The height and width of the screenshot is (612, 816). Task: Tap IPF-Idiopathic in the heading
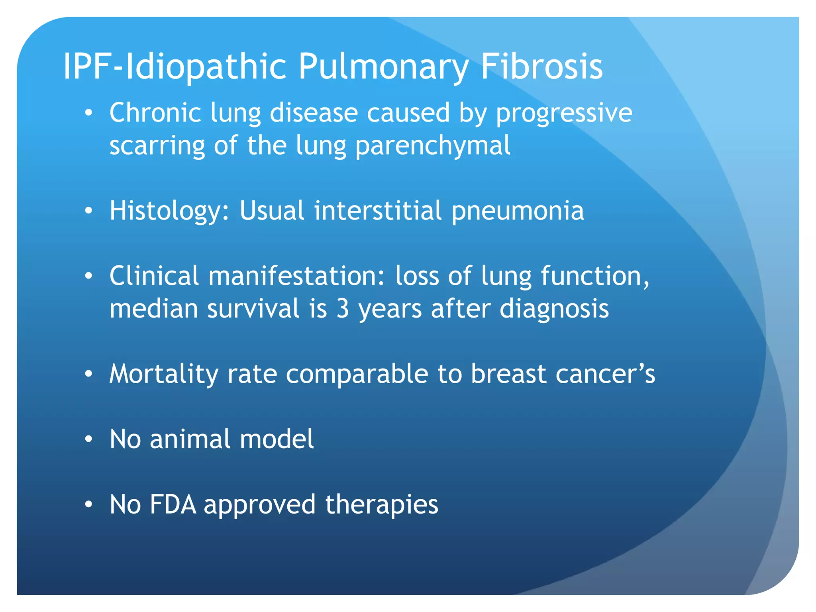click(175, 67)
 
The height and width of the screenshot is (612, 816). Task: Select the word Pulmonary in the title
click(383, 67)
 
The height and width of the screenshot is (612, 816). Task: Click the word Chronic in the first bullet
click(155, 113)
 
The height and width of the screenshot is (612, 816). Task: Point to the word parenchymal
click(433, 146)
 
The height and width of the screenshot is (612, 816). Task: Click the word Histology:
click(169, 211)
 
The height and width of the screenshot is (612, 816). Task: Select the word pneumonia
click(518, 211)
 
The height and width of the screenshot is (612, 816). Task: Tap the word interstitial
click(378, 211)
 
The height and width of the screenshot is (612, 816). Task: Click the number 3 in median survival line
click(343, 309)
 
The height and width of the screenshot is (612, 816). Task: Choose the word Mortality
click(164, 374)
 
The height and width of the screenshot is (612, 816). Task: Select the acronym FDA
click(173, 505)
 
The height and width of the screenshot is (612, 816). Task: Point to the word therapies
click(381, 505)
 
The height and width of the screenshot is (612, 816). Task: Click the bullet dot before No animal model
click(88, 439)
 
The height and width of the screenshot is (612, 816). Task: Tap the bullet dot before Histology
click(88, 211)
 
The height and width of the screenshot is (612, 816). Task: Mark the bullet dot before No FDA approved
click(88, 505)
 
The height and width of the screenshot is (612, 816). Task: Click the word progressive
click(564, 114)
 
